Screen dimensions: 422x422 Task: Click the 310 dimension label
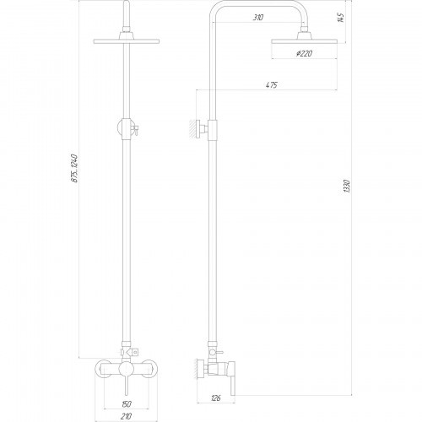258,18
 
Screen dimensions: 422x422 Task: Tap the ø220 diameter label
305,53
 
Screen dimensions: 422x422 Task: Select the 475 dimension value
272,85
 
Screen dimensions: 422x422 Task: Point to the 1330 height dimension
347,186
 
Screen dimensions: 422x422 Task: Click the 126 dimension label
216,398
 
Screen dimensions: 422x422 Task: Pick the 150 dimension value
127,404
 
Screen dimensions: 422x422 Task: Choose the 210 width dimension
127,416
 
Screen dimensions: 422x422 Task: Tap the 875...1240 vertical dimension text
75,168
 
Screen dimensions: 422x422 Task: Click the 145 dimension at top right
341,18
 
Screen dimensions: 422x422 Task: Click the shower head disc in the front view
127,41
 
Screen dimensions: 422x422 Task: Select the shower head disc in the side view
304,41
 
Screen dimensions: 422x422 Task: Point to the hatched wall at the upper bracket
192,129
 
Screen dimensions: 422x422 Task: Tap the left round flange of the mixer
103,369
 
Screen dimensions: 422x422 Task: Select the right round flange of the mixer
149,369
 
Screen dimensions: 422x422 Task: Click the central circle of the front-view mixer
127,370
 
